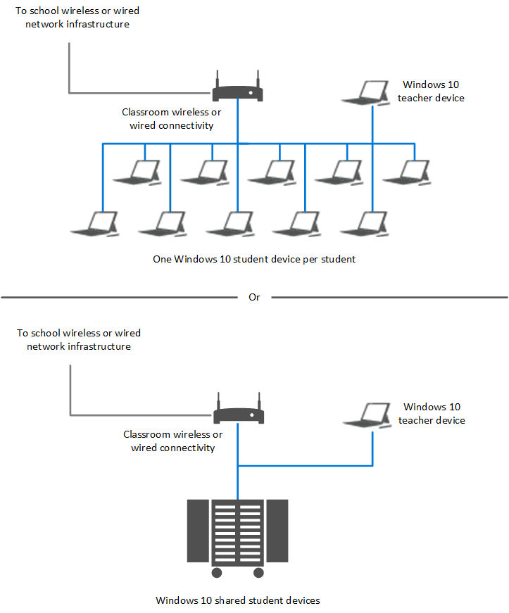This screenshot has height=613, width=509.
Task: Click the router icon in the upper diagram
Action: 237,92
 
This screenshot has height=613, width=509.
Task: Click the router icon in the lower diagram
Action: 239,416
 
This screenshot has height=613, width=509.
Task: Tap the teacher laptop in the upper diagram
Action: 366,94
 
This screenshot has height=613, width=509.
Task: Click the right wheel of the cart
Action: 258,572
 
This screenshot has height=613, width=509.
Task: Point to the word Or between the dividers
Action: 254,298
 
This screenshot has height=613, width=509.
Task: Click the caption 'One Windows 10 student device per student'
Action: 254,259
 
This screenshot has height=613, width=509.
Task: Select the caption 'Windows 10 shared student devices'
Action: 238,600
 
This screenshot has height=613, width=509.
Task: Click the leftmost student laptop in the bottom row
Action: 96,223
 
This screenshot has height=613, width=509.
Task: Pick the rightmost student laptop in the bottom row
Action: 365,223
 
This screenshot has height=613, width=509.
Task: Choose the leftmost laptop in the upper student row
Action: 137,172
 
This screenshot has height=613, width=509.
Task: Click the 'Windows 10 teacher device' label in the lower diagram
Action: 432,414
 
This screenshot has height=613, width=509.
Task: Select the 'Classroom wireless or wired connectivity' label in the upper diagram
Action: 172,118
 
